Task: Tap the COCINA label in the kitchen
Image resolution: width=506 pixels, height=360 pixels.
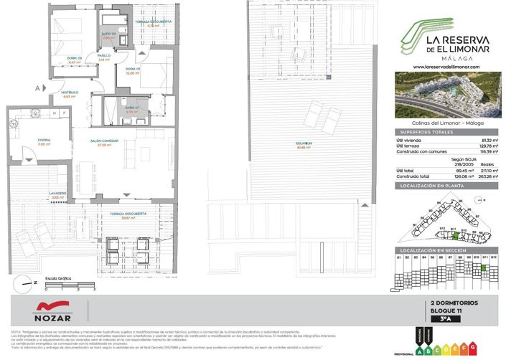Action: coord(26,141)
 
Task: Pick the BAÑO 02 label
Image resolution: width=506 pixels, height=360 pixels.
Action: coord(108,36)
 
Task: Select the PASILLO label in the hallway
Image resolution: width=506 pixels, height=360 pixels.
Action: coord(103,57)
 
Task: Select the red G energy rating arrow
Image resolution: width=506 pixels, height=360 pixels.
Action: coord(474,348)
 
